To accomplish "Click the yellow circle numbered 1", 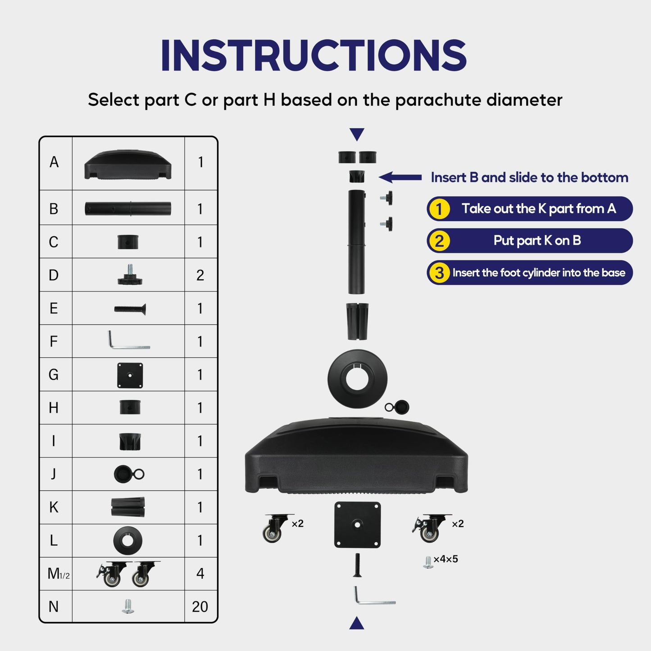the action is click(x=439, y=209).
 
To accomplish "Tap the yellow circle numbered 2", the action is click(x=439, y=241).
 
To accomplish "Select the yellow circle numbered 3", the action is click(x=439, y=273).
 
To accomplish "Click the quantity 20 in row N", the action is click(x=200, y=607).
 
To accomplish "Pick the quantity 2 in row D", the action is click(x=200, y=275).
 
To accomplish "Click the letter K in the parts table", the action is click(x=54, y=507).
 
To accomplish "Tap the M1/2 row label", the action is click(x=59, y=574).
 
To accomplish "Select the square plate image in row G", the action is click(x=130, y=375).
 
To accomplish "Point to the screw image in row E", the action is click(x=130, y=309).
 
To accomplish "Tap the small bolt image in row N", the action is click(x=128, y=606).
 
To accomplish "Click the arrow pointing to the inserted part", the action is click(x=400, y=178).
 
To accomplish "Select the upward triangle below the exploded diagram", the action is click(x=357, y=623).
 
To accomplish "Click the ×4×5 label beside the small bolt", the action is click(x=446, y=559).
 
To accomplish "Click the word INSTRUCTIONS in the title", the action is click(x=314, y=55).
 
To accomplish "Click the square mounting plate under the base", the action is click(x=357, y=525).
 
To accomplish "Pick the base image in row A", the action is click(x=127, y=165).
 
